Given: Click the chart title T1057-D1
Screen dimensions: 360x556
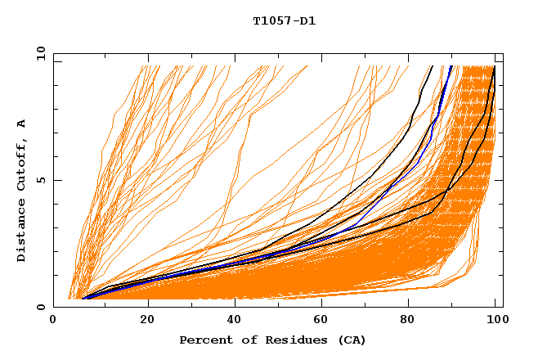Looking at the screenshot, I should tap(285, 21).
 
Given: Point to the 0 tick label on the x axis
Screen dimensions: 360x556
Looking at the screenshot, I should tap(54, 322).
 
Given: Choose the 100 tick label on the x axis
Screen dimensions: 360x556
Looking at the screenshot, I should tap(496, 322).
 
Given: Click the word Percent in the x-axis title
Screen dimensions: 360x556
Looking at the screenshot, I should tap(203, 340).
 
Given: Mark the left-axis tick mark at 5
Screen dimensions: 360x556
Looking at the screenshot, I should tap(56, 180).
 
